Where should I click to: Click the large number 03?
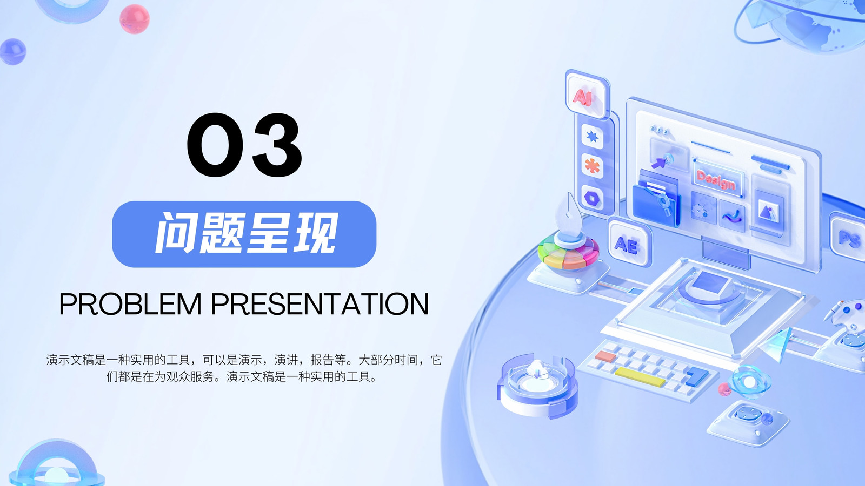coord(244,145)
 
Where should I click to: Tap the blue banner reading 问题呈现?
coord(244,234)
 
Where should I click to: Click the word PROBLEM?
coord(130,304)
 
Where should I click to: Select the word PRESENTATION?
coord(320,304)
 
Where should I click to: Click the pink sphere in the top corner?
coord(135,19)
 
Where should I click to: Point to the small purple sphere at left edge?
coord(13,52)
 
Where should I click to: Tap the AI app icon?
coord(586,94)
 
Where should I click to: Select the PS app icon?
coord(849,237)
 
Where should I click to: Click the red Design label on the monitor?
coord(716,180)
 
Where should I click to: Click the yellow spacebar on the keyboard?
coord(640,377)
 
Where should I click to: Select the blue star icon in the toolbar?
coord(592,136)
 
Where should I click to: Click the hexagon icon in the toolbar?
coord(592,198)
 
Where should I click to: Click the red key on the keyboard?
coord(605,356)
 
